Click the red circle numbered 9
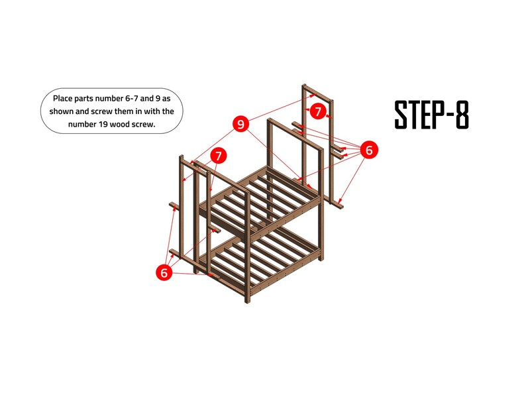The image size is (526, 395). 241,124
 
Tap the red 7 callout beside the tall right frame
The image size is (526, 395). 318,111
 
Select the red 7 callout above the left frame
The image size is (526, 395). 219,156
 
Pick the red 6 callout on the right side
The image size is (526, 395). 369,150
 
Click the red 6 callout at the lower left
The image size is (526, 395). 164,272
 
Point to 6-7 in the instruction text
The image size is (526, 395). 132,98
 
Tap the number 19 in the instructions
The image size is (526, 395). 103,124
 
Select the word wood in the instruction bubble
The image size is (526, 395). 119,124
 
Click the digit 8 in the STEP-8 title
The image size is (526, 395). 462,115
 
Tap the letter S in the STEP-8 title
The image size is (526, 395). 401,115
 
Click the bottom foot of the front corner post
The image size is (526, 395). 248,301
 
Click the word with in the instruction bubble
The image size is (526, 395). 151,111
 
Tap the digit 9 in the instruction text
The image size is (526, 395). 158,98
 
